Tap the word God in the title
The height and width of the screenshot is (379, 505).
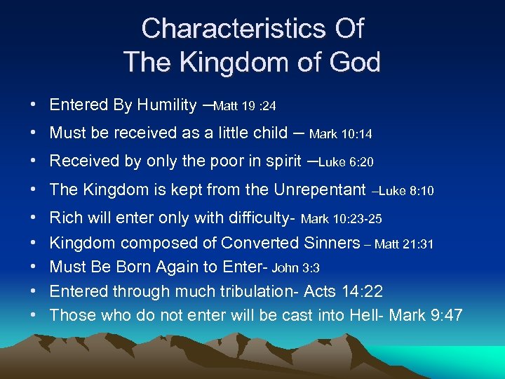pos(349,62)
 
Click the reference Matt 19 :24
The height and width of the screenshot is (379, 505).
pos(245,107)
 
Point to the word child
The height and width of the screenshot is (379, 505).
pos(267,133)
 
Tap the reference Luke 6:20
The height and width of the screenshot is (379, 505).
pos(346,162)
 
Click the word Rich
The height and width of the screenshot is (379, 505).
pos(65,218)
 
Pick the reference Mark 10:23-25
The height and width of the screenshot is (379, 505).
pos(342,220)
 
